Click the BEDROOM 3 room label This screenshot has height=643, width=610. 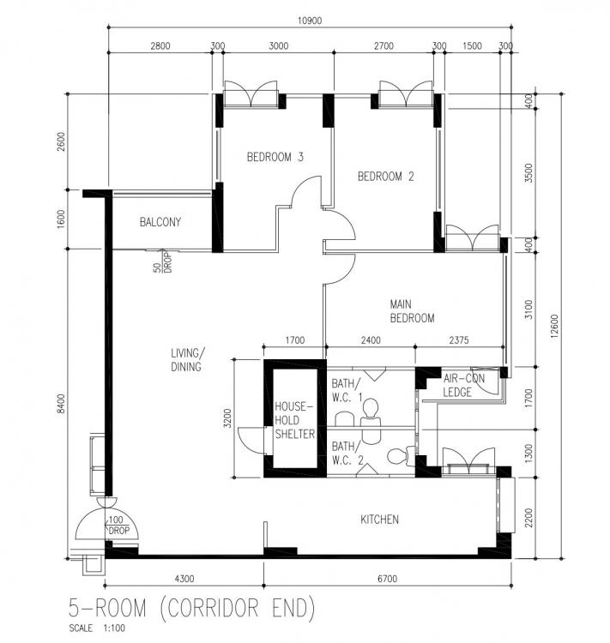[x=275, y=157]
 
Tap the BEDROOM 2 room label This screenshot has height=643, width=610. [x=386, y=177]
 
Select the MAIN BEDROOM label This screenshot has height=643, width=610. [x=412, y=311]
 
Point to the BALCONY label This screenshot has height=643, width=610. [x=160, y=223]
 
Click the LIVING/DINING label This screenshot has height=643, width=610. [x=186, y=360]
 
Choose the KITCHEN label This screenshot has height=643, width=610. [x=379, y=520]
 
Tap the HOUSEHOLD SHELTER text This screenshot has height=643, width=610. [x=294, y=420]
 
